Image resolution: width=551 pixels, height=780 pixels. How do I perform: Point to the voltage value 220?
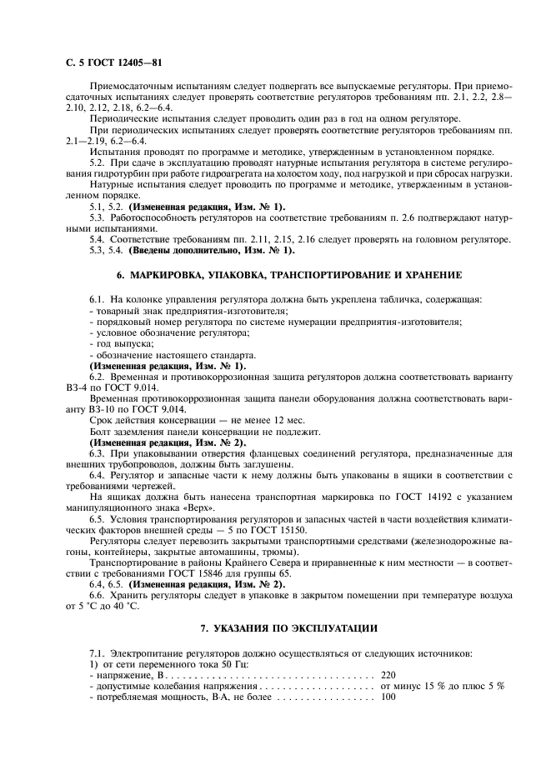tap(388, 674)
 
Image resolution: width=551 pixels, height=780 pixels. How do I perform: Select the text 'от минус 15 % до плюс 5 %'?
tap(442, 685)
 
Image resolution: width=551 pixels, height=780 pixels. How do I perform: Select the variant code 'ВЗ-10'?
tap(106, 410)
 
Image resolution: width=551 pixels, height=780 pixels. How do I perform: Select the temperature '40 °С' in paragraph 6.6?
tap(126, 606)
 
